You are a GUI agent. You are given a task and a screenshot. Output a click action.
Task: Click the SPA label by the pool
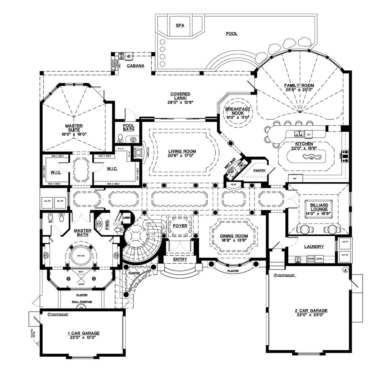pos(180,25)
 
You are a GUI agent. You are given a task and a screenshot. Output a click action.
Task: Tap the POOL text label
pos(231,33)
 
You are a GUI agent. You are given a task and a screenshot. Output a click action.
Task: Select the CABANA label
pos(136,66)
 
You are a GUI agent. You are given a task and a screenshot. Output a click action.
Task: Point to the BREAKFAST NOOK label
pos(238,111)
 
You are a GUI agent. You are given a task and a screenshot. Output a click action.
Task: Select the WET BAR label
pos(230,164)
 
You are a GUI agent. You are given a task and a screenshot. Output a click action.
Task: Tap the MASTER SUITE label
pos(74,128)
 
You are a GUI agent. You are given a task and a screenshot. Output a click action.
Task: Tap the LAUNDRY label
pos(314,247)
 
